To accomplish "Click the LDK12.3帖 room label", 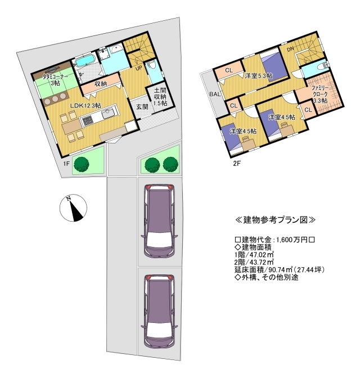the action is pos(85,105).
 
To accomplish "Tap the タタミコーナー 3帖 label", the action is pos(55,80).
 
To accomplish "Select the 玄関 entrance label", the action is pos(142,106).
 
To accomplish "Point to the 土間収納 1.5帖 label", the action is pos(160,97).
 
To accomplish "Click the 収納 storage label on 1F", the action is pos(101,84).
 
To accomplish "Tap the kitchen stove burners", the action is pos(87,120).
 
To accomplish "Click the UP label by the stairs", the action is pos(138,68).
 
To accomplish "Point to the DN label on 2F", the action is pos(290,49).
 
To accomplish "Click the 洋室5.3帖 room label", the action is pos(259,76).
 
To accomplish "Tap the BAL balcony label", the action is pos(215,94).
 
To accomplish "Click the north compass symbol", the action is pos(73,208).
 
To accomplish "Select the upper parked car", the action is pos(159,221).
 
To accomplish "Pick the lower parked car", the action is pos(159,311).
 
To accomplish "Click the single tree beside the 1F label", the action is pos(81,165).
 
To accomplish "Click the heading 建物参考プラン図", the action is pos(275,220).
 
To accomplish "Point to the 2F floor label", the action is pos(237,164).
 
